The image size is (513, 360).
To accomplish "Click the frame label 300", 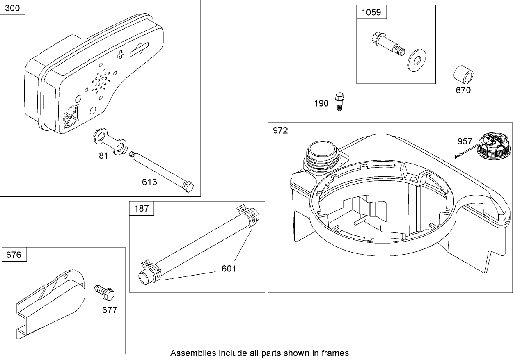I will tap(13, 8).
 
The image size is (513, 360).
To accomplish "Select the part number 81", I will tap(103, 156).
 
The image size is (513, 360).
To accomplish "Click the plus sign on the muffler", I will tap(121, 55).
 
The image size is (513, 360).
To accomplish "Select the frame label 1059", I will tap(371, 12).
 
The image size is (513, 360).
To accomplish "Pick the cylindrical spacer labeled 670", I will tap(463, 76).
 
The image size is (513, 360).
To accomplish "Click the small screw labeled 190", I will tap(339, 101).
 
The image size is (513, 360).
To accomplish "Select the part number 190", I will tap(321, 103).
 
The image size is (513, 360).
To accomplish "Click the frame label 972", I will tap(281, 130).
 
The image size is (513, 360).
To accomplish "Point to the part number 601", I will tap(229, 268).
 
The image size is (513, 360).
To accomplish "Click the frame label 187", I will tap(142, 209).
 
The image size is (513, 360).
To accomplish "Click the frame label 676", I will tap(14, 255).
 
